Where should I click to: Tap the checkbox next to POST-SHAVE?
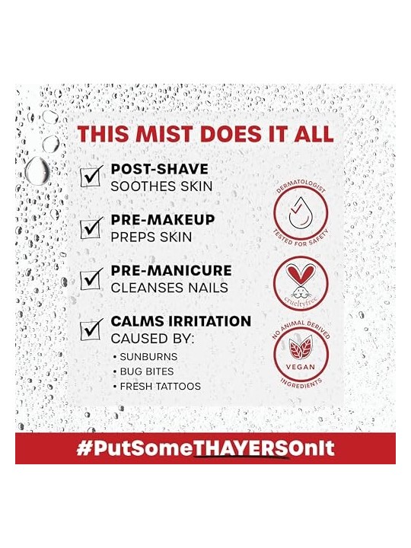[x=91, y=177]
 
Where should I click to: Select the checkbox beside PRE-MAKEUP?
[x=91, y=228]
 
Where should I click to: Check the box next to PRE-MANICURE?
[x=91, y=279]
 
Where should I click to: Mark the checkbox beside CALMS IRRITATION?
[x=91, y=330]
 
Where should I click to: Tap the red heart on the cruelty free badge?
[x=301, y=272]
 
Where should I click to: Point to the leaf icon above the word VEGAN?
[x=300, y=348]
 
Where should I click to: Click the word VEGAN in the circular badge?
[x=301, y=367]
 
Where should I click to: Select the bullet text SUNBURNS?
[x=148, y=357]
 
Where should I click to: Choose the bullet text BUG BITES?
[x=147, y=371]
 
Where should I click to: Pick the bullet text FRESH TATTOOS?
[x=161, y=386]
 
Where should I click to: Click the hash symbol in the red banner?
[x=83, y=448]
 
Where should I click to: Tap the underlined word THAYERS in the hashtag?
[x=241, y=449]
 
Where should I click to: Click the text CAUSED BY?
[x=152, y=339]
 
